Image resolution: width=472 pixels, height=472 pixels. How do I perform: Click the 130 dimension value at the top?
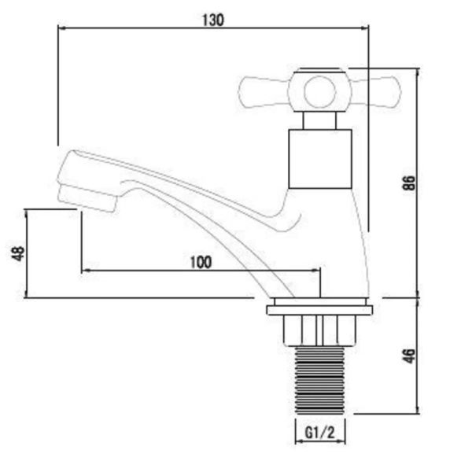pyautogui.click(x=213, y=20)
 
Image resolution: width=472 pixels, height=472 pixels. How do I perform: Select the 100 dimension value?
pyautogui.click(x=201, y=262)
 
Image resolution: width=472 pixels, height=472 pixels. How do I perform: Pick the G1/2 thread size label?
pyautogui.click(x=320, y=433)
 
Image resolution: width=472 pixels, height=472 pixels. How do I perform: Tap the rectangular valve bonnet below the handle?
pyautogui.click(x=319, y=158)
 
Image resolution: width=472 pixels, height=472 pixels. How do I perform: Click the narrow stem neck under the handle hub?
pyautogui.click(x=320, y=120)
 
